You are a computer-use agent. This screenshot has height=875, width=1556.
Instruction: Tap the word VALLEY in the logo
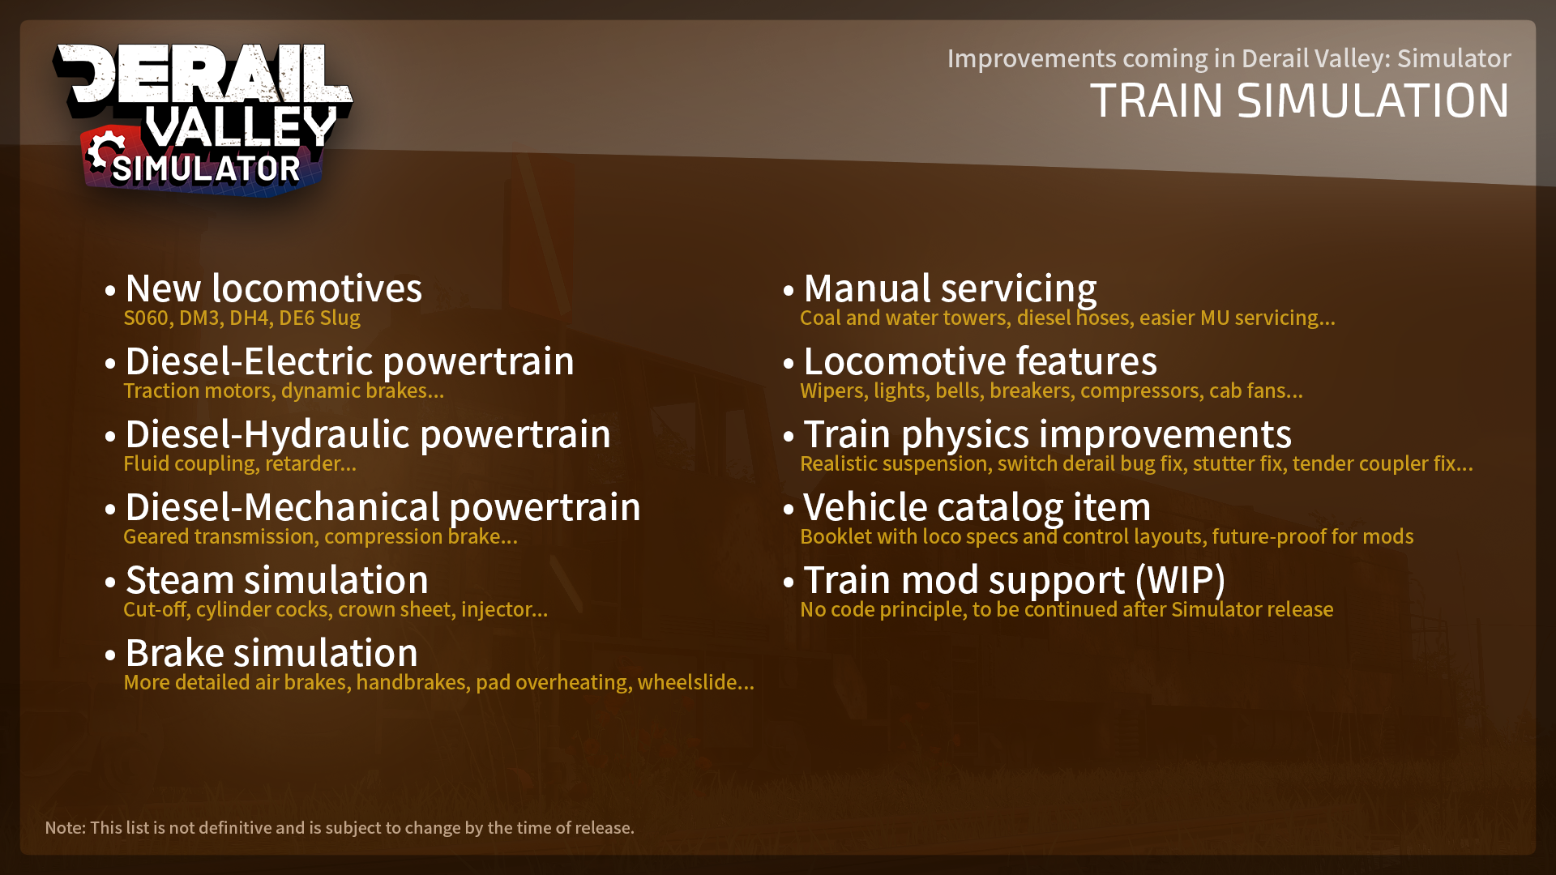tap(241, 126)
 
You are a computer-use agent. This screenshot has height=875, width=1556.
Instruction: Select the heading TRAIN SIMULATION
tap(1300, 100)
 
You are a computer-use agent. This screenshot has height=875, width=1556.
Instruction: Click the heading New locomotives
tap(274, 288)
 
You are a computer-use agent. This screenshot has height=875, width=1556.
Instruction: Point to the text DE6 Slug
tap(319, 318)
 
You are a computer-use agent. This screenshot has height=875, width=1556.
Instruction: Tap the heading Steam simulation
tap(277, 580)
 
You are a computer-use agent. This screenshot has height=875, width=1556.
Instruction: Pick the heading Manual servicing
tap(950, 289)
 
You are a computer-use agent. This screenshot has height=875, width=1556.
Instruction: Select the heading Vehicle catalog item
tap(977, 508)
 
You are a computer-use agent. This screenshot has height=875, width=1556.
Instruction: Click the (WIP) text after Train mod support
tap(1180, 581)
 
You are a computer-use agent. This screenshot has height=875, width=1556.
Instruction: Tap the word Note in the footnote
tap(63, 828)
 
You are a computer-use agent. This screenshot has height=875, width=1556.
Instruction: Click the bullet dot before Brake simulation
tap(110, 655)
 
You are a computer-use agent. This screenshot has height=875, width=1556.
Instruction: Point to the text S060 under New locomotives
tap(146, 318)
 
